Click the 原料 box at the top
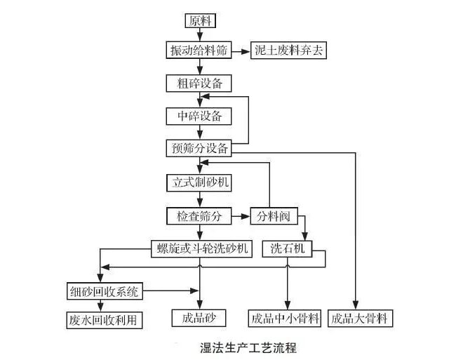[x=199, y=20]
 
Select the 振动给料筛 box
[x=199, y=51]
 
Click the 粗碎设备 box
[x=199, y=84]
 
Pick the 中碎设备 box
[x=199, y=116]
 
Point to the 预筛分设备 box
[x=199, y=148]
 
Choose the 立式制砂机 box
[x=199, y=182]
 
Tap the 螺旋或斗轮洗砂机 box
[x=200, y=248]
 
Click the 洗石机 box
[x=288, y=248]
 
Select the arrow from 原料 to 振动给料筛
[x=199, y=36]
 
